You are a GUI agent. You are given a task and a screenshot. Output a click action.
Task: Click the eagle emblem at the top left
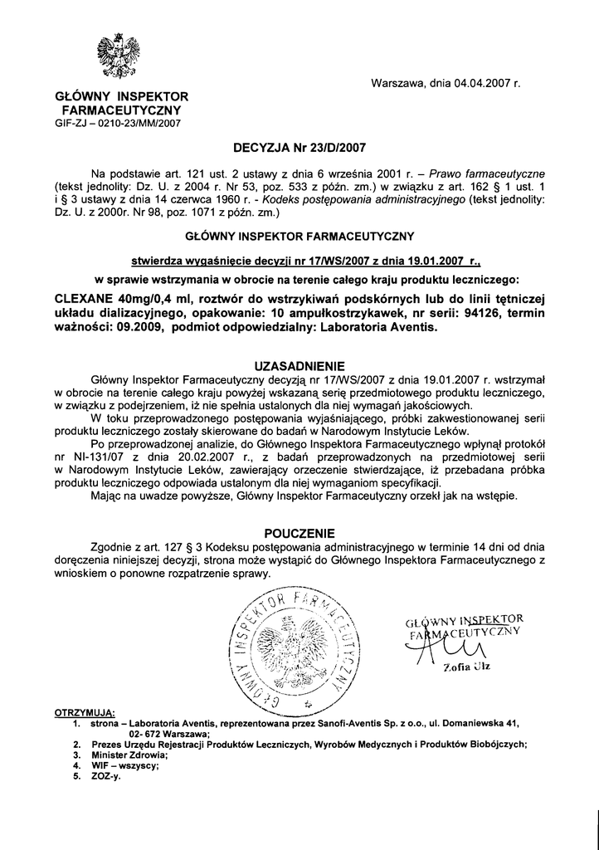coord(117,57)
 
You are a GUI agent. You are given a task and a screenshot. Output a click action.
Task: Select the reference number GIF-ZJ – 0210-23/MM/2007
coord(117,123)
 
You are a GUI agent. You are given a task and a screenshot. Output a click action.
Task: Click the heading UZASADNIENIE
coord(299,366)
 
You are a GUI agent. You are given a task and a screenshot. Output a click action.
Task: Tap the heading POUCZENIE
coord(299,532)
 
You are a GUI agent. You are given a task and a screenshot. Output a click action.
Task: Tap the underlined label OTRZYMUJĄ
coord(85,713)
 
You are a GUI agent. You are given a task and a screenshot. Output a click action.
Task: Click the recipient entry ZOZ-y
coord(105,777)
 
